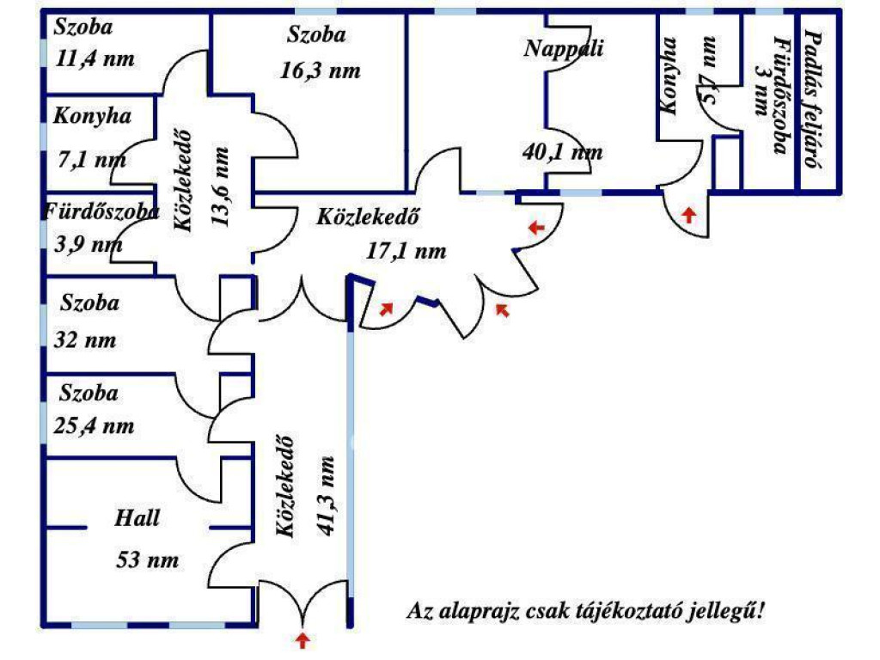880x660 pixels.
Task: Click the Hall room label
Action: click(x=137, y=518)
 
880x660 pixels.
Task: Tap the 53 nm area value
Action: click(x=148, y=560)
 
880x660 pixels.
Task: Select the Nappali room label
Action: click(x=564, y=48)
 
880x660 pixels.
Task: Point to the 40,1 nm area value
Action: click(x=562, y=153)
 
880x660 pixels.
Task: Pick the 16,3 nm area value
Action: click(x=321, y=71)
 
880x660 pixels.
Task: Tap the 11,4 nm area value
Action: click(x=95, y=58)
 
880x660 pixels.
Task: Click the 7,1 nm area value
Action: click(x=89, y=159)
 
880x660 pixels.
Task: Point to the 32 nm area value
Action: click(x=84, y=339)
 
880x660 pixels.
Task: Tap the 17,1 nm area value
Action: click(x=406, y=251)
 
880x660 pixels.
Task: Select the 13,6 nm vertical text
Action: click(x=221, y=186)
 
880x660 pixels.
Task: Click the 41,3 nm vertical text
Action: click(x=324, y=495)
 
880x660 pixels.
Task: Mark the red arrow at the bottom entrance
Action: click(x=302, y=639)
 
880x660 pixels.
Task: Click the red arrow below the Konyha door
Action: click(x=688, y=214)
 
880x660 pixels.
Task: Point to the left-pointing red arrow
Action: click(x=536, y=228)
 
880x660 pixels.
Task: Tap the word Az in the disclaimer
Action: click(x=419, y=612)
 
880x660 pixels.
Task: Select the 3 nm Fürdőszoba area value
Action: click(x=760, y=89)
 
